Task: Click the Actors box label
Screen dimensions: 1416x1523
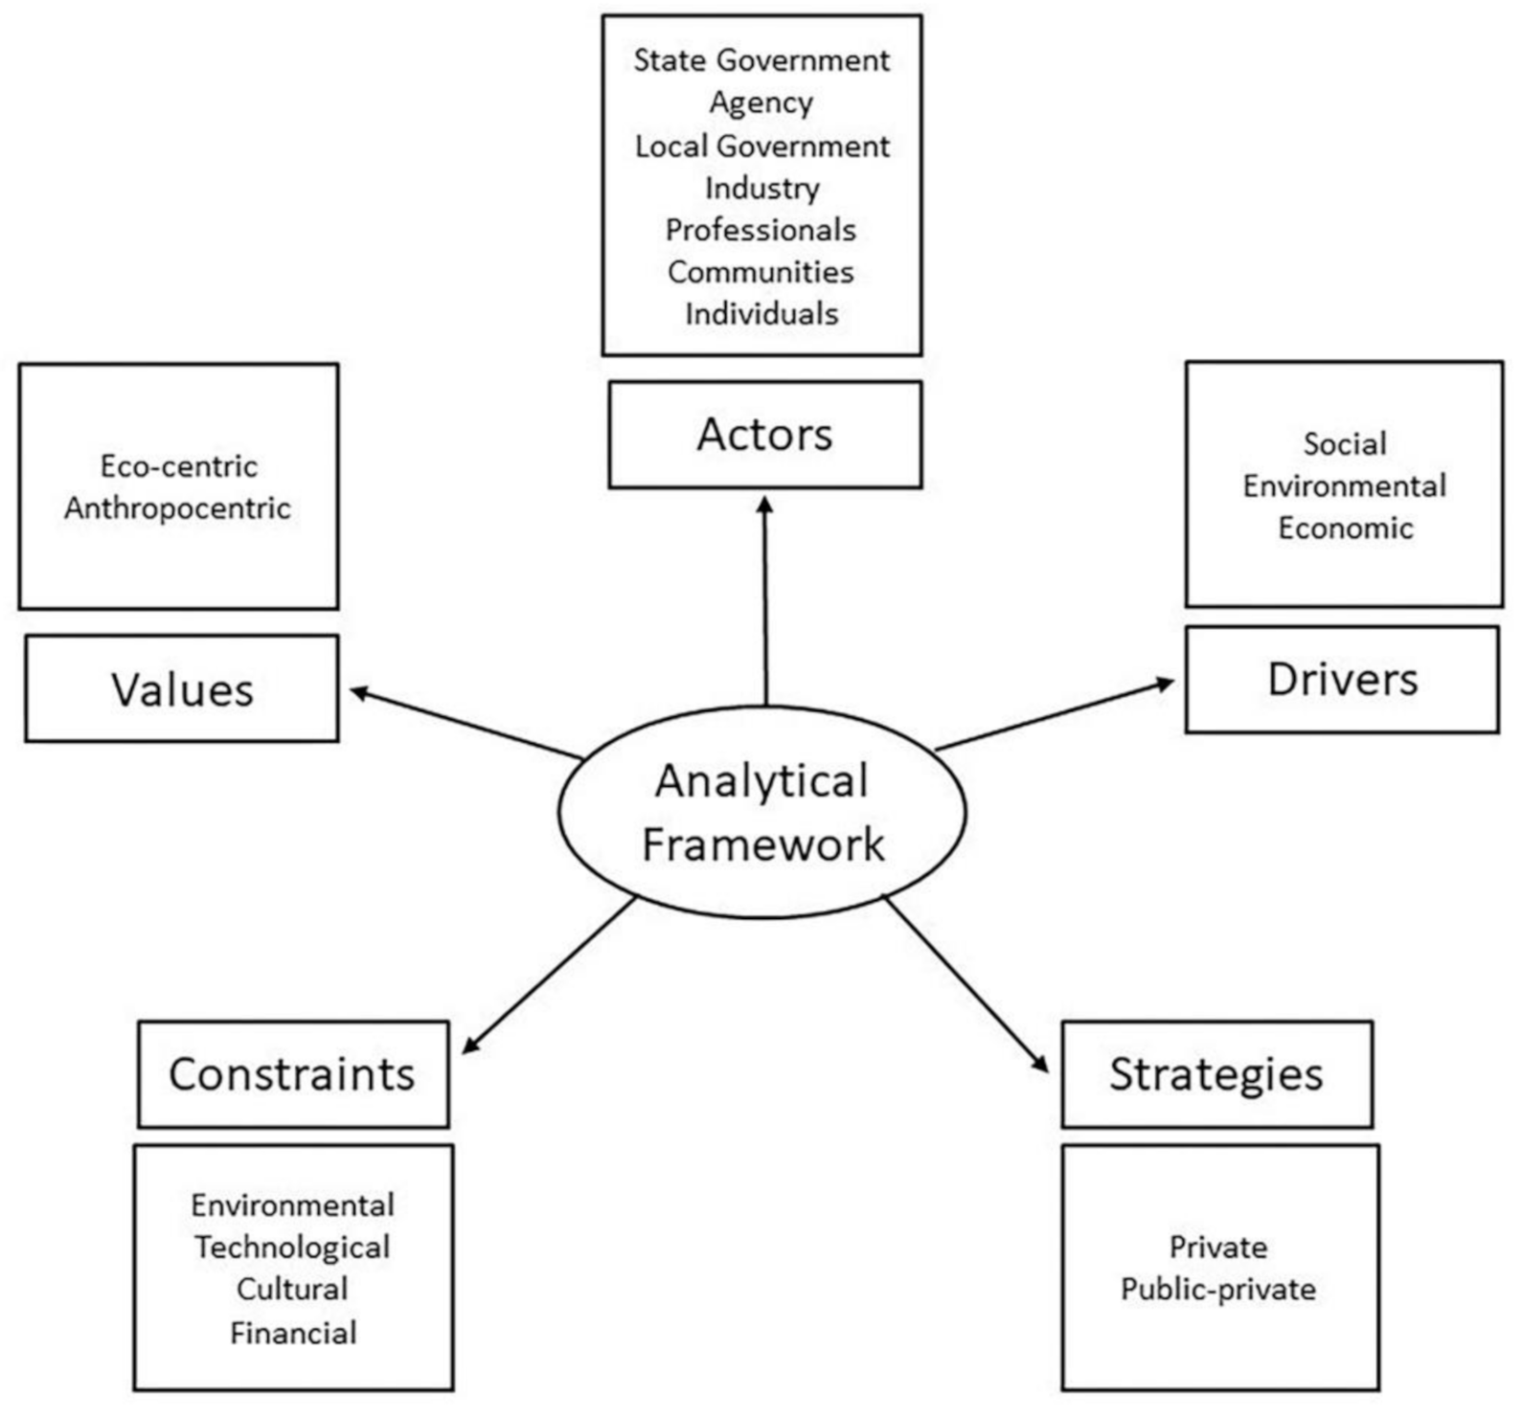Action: [764, 435]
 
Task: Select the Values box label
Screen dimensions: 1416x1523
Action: [182, 689]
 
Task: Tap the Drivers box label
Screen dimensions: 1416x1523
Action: [1342, 680]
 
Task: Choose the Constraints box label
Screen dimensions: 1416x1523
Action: [292, 1074]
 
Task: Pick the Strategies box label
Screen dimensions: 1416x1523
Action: [1216, 1074]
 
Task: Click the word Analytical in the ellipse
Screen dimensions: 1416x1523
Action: [762, 781]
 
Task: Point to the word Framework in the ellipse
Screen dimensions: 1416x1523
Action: [762, 844]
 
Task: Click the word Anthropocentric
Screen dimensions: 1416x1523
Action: [177, 508]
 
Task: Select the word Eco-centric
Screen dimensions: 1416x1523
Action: [179, 466]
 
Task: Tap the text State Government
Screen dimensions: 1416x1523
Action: [761, 60]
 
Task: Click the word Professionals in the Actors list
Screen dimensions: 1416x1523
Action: [761, 230]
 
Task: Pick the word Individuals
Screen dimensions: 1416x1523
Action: [761, 314]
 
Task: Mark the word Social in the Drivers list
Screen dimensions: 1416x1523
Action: [1345, 444]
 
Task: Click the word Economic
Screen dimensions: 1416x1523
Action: [1345, 528]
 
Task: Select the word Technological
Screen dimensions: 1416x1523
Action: [292, 1247]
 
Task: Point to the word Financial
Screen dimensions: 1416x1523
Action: [293, 1333]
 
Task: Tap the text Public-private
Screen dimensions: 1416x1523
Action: [1218, 1290]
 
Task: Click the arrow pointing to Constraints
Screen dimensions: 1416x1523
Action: [549, 975]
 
